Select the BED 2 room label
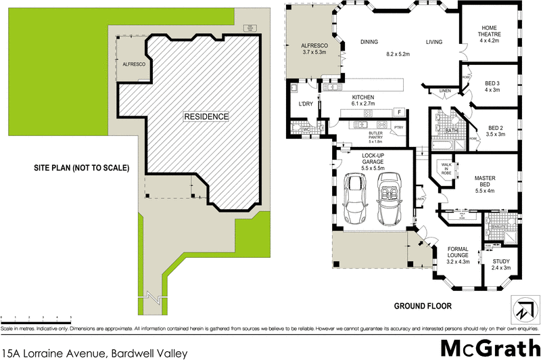496,131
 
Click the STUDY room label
500,265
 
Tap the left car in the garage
356,200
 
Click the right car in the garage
390,200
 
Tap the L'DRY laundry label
304,104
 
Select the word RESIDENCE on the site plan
206,116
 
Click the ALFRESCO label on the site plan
134,64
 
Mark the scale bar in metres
37,317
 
